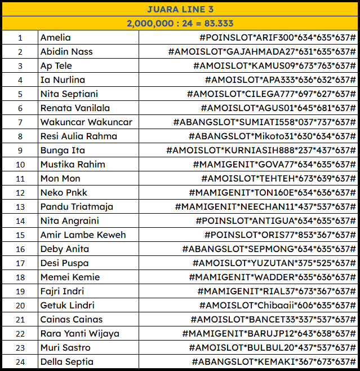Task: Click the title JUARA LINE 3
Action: tap(180, 9)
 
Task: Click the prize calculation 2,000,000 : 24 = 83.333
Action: tap(180, 23)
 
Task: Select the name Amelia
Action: tap(56, 38)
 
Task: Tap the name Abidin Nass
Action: tap(66, 52)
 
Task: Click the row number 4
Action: tap(20, 80)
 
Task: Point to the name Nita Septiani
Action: tap(69, 94)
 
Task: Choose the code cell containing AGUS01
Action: tap(278, 108)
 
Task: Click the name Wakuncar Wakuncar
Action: tap(86, 122)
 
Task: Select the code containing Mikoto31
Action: tap(272, 136)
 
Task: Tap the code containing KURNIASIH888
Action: tap(261, 151)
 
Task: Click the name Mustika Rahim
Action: tap(73, 165)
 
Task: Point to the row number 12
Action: tap(20, 193)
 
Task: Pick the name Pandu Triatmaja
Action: tap(77, 207)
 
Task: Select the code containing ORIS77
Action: tap(280, 235)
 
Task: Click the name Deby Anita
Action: tap(64, 249)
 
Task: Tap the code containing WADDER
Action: tap(272, 277)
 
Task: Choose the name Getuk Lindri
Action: tap(67, 306)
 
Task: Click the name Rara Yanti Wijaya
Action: tap(79, 334)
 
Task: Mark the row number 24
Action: tap(20, 362)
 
